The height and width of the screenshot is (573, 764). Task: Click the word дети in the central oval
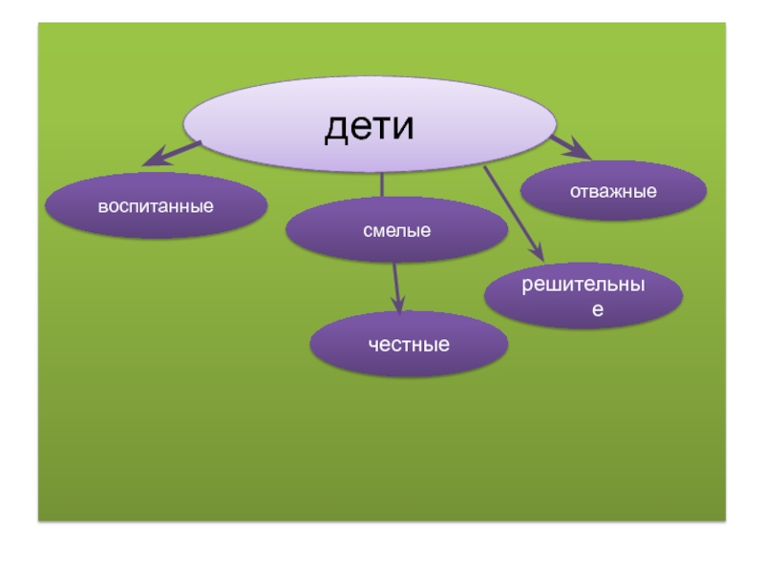[x=370, y=127]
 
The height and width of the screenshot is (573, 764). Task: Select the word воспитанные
[x=157, y=206]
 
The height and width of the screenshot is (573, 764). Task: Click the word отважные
[x=613, y=191]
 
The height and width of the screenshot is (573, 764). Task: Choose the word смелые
[x=397, y=230]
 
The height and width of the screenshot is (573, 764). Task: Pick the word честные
[x=410, y=344]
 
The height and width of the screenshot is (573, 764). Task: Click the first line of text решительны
[x=584, y=286]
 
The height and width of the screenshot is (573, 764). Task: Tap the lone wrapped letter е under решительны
[x=597, y=309]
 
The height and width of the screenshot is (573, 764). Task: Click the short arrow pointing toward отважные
[x=571, y=147]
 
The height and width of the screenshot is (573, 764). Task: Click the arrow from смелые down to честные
[x=396, y=286]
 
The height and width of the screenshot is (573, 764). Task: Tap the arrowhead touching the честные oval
[x=399, y=306]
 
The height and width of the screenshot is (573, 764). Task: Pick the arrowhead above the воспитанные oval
[x=153, y=160]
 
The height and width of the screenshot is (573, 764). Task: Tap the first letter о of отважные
[x=575, y=192]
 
